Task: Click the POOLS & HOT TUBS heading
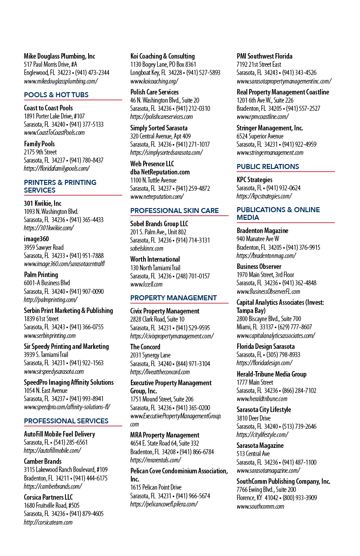click(x=56, y=94)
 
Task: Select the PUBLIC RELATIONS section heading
click(x=268, y=166)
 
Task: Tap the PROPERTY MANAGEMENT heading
click(x=174, y=298)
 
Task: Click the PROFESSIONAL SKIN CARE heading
click(x=175, y=210)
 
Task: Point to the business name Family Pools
click(x=39, y=144)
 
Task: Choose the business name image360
click(x=36, y=239)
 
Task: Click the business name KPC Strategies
click(x=255, y=179)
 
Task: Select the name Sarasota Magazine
click(x=260, y=445)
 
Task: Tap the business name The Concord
click(x=145, y=347)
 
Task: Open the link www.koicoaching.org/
click(x=154, y=81)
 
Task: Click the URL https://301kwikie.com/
click(x=49, y=228)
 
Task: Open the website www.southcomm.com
click(x=260, y=506)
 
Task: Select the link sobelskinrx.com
click(x=146, y=248)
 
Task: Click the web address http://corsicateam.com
click(x=48, y=522)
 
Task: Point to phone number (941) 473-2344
click(x=92, y=73)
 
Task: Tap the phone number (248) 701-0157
click(x=193, y=276)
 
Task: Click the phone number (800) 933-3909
click(x=300, y=498)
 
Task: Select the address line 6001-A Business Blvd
click(x=47, y=283)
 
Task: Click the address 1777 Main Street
click(x=255, y=382)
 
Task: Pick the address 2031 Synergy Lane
click(x=150, y=355)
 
